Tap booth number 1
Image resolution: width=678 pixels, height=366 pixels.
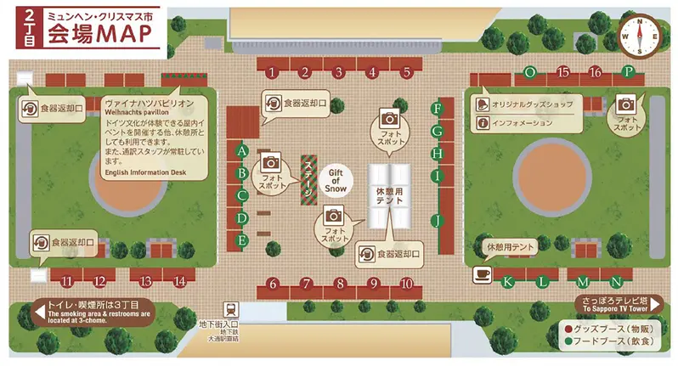(x=271, y=72)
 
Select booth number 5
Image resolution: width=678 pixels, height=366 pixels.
(x=407, y=72)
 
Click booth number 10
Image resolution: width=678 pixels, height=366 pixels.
(x=406, y=283)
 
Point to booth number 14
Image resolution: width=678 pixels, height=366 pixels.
(x=179, y=280)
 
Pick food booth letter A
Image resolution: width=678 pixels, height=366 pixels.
(x=242, y=151)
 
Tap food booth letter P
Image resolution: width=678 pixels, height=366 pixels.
(x=628, y=72)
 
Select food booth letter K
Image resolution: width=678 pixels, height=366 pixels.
(x=508, y=280)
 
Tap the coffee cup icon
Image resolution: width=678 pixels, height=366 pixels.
(x=481, y=274)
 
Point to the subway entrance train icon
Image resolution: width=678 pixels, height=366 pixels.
(x=229, y=309)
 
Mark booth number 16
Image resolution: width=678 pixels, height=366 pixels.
(x=595, y=72)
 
